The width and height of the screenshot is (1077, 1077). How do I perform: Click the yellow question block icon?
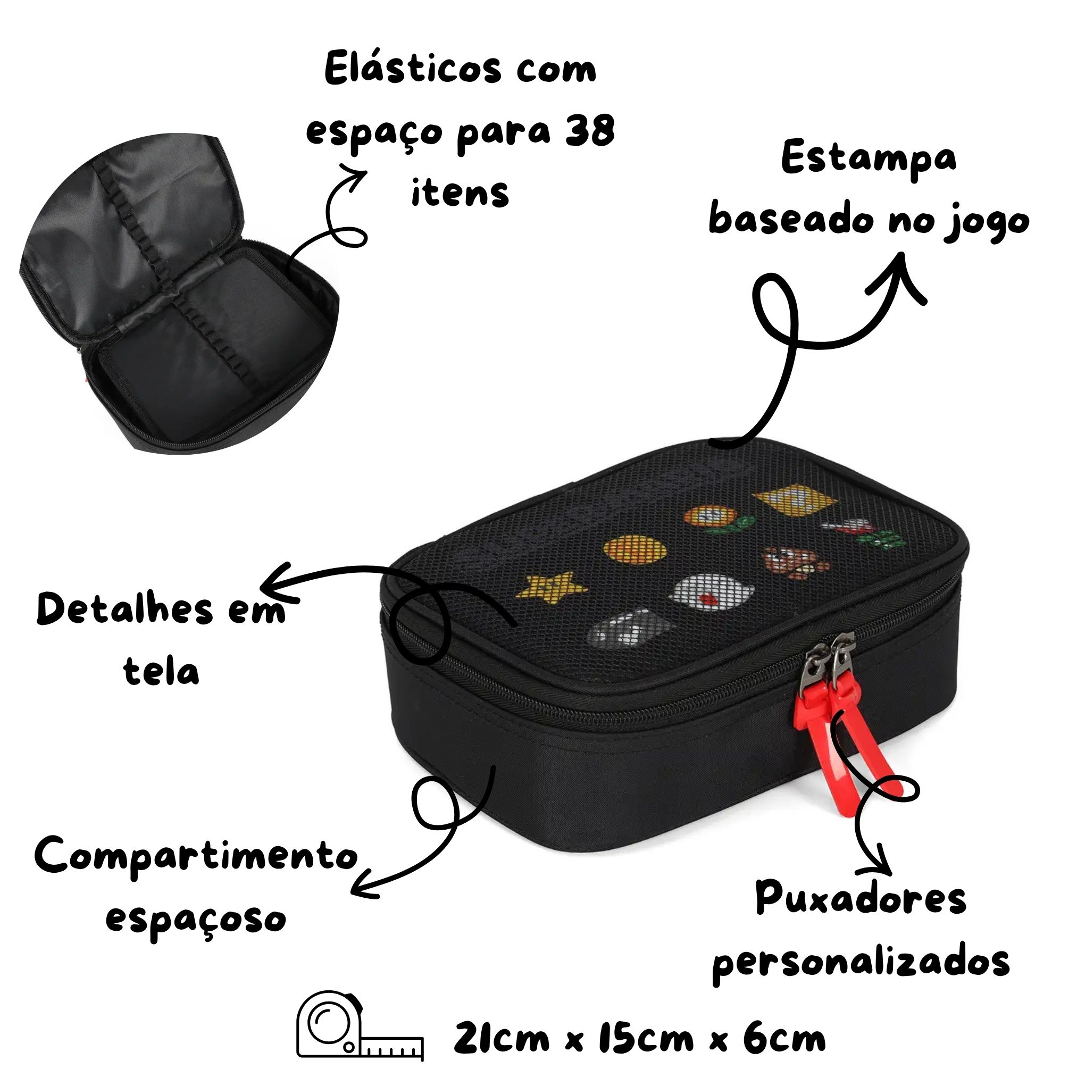tap(795, 501)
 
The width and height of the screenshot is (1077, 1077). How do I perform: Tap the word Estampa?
tap(869, 159)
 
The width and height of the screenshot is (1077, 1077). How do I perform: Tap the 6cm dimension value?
tap(783, 1038)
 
